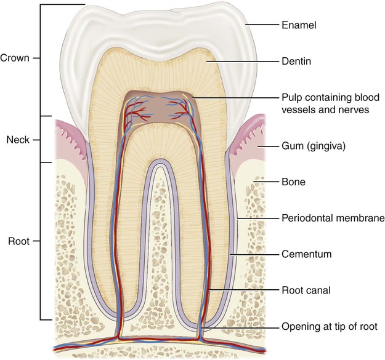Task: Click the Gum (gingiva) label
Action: [313, 147]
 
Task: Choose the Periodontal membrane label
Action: [324, 218]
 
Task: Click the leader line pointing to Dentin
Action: [240, 61]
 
